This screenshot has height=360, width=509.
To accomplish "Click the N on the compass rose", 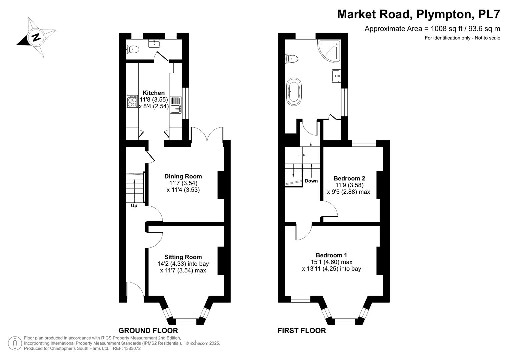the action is coord(36,37).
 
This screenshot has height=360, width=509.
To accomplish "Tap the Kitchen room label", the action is coord(154,93).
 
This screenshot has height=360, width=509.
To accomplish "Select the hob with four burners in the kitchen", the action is coord(132,101).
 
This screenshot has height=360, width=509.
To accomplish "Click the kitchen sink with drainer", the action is coord(176,105).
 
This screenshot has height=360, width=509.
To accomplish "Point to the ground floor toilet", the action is coord(132,49).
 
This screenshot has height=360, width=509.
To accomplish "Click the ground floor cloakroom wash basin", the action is coord(154,43).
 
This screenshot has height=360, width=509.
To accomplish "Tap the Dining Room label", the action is coord(183,176).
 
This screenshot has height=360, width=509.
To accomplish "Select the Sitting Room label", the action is coord(183,257).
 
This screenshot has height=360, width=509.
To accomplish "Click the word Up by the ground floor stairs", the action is coord(134,206).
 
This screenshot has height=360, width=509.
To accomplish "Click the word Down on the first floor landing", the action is coord(311,181).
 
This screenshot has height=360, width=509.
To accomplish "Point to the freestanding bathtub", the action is coord(294,92).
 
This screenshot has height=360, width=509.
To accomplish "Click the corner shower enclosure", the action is coord(329,52).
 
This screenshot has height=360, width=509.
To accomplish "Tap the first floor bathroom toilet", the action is coord(291,59).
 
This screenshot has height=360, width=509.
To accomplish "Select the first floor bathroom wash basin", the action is coord(336,76).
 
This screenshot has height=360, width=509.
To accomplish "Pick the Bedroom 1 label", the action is coord(331,255).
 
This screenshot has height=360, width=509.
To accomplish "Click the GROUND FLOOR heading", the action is coord(148,330).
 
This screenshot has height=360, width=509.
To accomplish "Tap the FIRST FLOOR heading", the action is coord(302,330).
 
